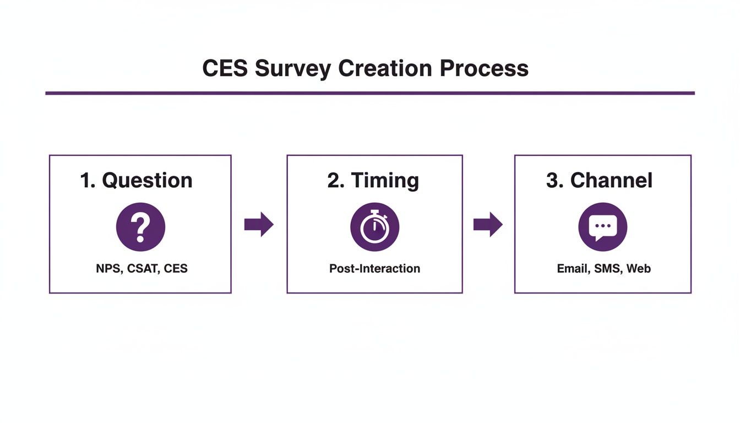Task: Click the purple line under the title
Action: pyautogui.click(x=370, y=93)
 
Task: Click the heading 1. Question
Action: pyautogui.click(x=137, y=181)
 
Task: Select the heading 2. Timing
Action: pyautogui.click(x=373, y=181)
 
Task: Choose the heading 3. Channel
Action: pyautogui.click(x=599, y=181)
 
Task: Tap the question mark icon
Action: pyautogui.click(x=140, y=227)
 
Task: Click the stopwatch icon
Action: pyautogui.click(x=374, y=227)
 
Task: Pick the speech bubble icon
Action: pyautogui.click(x=602, y=227)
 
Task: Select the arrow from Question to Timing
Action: pyautogui.click(x=259, y=225)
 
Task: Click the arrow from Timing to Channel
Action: pyautogui.click(x=488, y=225)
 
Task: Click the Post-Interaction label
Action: pyautogui.click(x=374, y=269)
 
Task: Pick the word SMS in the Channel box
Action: pyautogui.click(x=607, y=269)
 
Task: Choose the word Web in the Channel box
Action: pyautogui.click(x=639, y=269)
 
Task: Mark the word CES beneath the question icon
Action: pyautogui.click(x=176, y=269)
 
